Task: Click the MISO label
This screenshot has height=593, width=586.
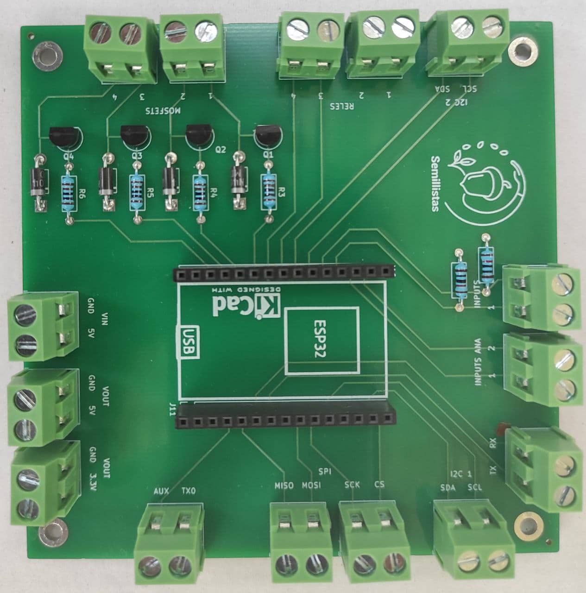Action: click(284, 486)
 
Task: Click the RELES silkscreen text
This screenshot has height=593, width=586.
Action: click(342, 106)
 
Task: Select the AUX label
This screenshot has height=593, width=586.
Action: click(161, 491)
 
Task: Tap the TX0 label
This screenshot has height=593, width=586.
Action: click(189, 491)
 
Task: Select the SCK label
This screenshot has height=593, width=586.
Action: click(352, 486)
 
